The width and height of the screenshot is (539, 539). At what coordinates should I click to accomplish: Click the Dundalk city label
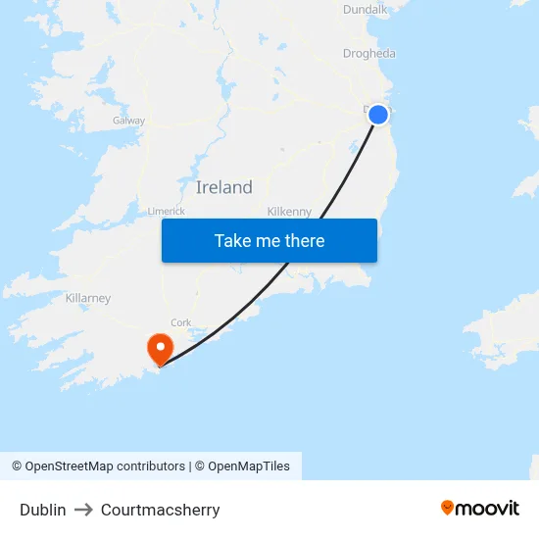[x=366, y=10]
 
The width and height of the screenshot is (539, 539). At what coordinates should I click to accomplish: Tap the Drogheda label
[x=369, y=54]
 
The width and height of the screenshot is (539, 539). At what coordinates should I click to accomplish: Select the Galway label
[x=128, y=121]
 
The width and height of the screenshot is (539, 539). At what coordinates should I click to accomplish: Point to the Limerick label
[x=166, y=211]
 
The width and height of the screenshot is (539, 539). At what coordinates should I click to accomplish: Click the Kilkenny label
[x=289, y=211]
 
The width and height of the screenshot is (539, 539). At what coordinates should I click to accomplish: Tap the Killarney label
[x=88, y=298]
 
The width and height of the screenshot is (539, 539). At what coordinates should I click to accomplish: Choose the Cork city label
[x=181, y=322]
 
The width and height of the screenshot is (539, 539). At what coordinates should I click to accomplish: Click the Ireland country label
[x=223, y=187]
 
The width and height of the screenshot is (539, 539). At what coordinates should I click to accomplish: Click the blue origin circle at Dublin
[x=378, y=115]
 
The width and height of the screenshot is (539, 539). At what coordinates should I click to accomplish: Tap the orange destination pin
[x=159, y=348]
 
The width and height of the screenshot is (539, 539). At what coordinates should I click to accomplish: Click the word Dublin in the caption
[x=43, y=510]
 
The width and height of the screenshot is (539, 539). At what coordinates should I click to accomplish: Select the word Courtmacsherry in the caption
[x=160, y=510]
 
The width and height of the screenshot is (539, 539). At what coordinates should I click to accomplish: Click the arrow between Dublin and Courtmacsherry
[x=83, y=510]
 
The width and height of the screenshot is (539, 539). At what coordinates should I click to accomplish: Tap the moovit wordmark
[x=488, y=508]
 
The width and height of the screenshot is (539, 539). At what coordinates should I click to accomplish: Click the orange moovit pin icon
[x=448, y=508]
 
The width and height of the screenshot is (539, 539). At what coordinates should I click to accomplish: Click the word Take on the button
[x=232, y=241]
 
